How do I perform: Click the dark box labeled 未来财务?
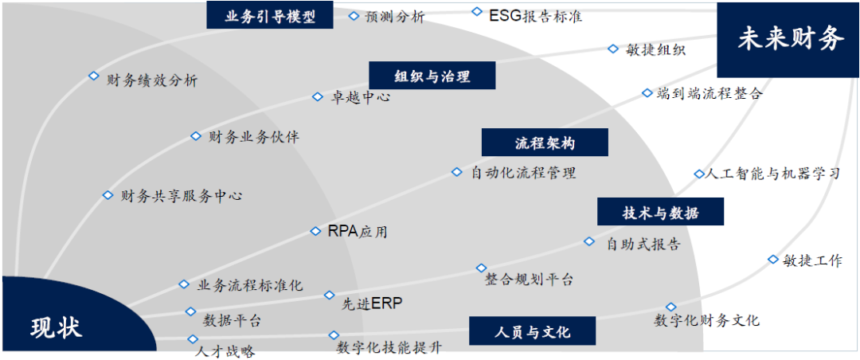[x=788, y=38]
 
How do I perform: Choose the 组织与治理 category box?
[x=432, y=76]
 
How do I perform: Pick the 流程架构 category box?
[x=545, y=143]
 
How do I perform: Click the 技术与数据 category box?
[x=660, y=213]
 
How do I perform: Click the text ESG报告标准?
[x=535, y=15]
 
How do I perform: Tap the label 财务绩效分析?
[x=152, y=80]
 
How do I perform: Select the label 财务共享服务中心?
[x=182, y=195]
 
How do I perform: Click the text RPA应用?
[x=358, y=232]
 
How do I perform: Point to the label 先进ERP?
[x=373, y=303]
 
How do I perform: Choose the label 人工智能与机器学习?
[x=773, y=173]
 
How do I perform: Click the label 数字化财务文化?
[x=706, y=320]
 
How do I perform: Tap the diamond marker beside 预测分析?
[x=354, y=15]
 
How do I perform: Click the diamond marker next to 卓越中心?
[x=317, y=97]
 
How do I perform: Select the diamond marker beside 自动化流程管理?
[x=456, y=171]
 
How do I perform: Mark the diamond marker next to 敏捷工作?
[x=772, y=259]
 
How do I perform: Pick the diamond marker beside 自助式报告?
[x=589, y=241]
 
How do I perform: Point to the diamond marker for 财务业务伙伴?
[x=195, y=136]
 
